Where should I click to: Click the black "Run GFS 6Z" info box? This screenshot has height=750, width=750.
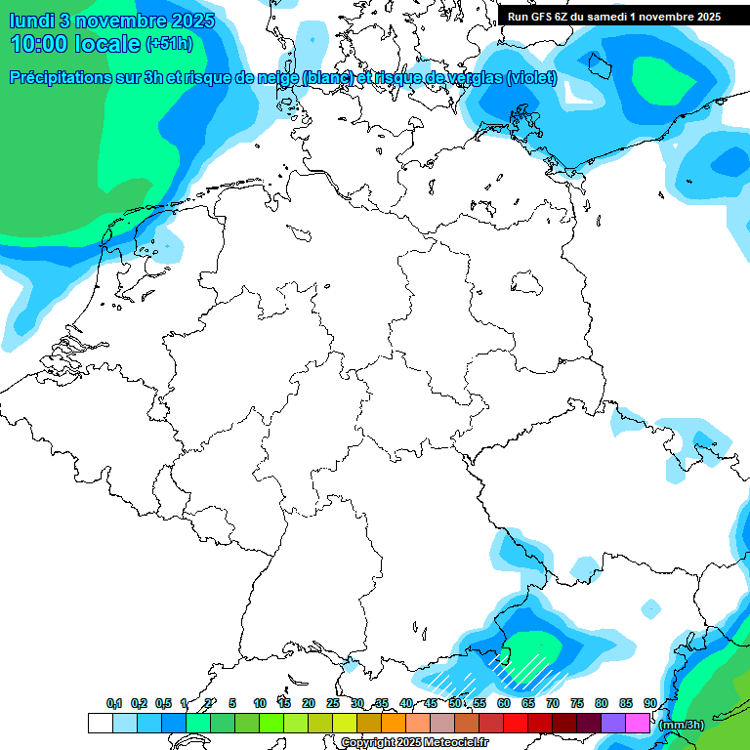point(614,16)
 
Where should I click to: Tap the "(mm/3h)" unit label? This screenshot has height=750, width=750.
point(681,725)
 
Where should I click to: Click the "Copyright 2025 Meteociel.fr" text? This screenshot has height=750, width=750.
point(414,743)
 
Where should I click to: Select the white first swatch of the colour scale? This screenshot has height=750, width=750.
point(100,724)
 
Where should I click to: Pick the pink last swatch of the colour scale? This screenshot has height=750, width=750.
point(638,724)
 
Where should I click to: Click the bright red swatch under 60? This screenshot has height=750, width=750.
point(516,724)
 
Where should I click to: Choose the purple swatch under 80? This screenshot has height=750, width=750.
point(613,724)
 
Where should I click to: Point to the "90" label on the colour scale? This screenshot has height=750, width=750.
point(649,703)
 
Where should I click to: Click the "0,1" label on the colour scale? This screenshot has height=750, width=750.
point(114,703)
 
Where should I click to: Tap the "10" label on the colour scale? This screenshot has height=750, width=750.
point(260,703)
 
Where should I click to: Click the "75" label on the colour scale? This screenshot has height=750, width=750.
point(576,703)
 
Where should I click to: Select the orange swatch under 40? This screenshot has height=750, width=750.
point(394,724)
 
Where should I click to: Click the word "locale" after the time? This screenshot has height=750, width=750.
point(107,44)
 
